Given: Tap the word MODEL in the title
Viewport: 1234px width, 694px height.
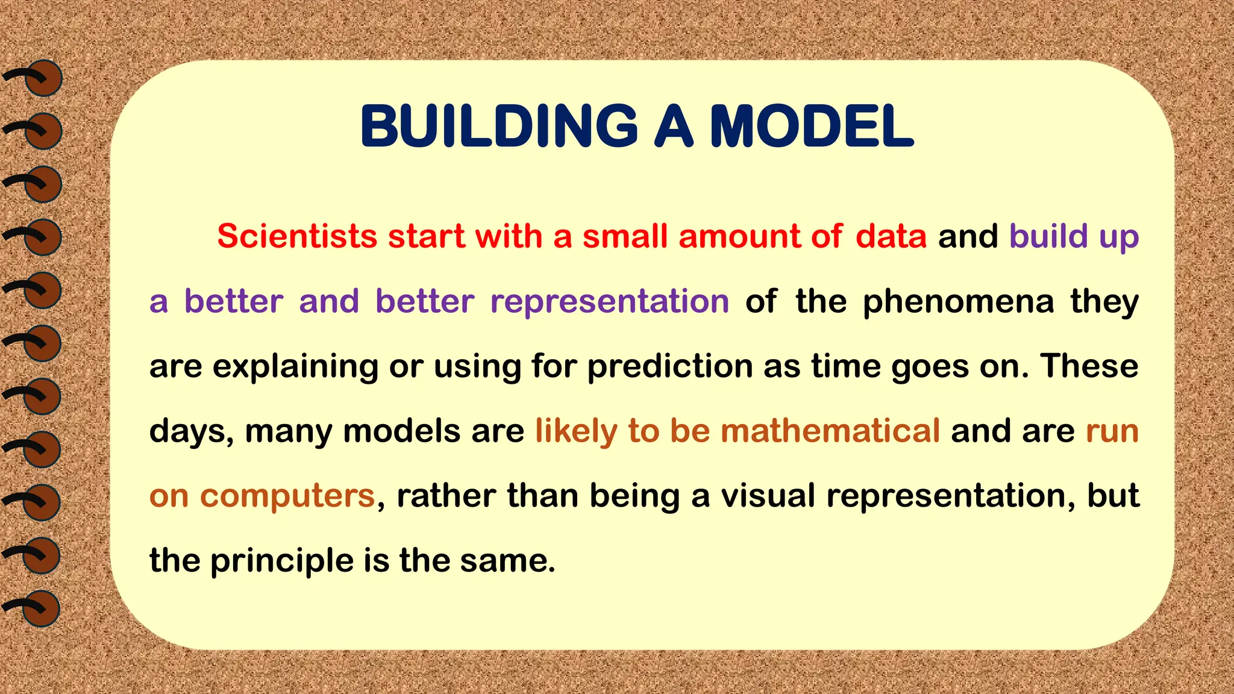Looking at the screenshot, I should point(812,127).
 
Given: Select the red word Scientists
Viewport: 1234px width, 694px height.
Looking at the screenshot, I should point(297,236).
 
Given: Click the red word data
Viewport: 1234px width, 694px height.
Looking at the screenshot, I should point(891,236).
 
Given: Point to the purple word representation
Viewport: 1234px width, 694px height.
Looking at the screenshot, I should point(609,301).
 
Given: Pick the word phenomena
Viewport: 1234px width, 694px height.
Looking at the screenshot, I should point(958,301).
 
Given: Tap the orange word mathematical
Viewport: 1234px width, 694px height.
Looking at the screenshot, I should point(830,431).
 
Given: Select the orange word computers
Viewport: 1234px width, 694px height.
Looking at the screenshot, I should point(287,496).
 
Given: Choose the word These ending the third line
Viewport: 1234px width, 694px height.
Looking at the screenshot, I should point(1089,366).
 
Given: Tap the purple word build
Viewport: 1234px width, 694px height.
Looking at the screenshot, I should point(1048,236).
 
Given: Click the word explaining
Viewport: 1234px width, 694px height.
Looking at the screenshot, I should point(295,366).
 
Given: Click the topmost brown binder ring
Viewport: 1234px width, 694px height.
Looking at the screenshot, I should point(43,78).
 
